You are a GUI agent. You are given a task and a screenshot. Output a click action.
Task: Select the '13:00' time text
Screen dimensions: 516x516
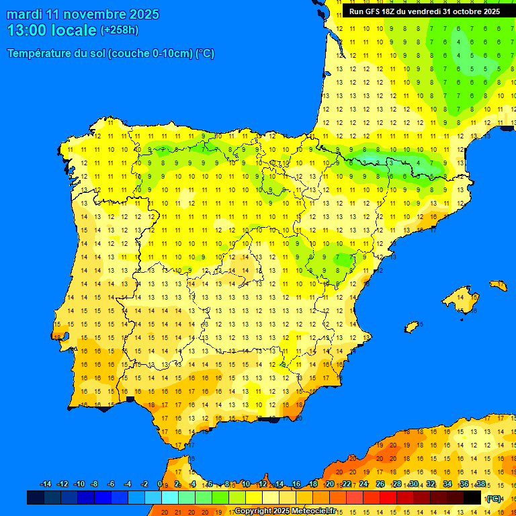(x=28, y=30)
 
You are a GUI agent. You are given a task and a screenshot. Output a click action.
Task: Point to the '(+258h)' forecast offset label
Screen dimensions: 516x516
(x=120, y=30)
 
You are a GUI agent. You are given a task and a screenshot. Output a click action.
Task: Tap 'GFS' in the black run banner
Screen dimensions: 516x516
(x=374, y=11)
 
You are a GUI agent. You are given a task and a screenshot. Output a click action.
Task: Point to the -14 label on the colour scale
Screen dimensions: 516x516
(x=46, y=484)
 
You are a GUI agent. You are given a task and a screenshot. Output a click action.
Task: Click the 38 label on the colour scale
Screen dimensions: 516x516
(x=480, y=484)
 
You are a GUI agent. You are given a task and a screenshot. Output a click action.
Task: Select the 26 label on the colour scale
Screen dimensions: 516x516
(x=380, y=484)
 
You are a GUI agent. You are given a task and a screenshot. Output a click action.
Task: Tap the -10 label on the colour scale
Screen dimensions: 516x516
(x=79, y=484)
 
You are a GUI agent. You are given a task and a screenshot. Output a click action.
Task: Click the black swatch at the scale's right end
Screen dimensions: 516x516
(x=472, y=497)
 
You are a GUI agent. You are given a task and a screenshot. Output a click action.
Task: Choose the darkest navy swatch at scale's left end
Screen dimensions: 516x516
(x=36, y=497)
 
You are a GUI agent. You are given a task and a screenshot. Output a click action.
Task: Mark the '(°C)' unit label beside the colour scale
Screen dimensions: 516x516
(x=494, y=498)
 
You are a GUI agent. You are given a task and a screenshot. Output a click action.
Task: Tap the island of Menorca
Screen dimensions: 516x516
(x=498, y=285)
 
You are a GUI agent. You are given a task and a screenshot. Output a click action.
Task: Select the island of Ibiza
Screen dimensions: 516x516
(x=412, y=327)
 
